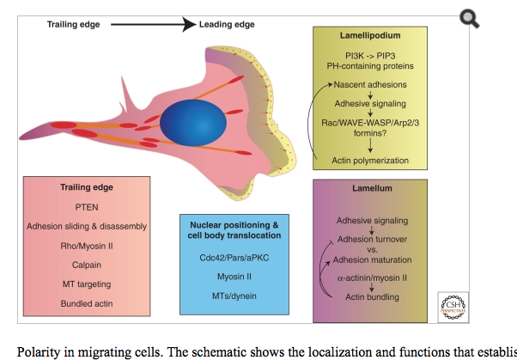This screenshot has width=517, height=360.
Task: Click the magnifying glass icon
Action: click(468, 18)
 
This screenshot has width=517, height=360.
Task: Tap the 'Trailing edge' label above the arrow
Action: click(73, 25)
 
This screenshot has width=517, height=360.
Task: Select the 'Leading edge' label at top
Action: click(227, 25)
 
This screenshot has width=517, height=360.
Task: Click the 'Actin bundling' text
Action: click(371, 296)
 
